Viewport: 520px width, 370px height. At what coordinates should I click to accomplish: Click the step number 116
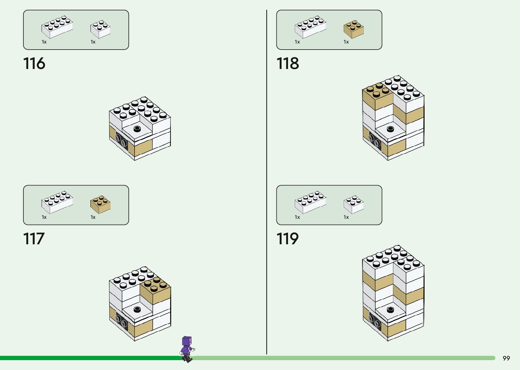coord(34,64)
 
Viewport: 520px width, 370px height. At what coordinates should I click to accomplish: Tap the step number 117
coord(34,239)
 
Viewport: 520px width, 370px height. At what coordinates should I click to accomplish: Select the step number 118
coord(287,64)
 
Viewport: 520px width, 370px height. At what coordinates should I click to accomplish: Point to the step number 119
coord(287,239)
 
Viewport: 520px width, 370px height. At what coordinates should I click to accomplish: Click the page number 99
coord(506,358)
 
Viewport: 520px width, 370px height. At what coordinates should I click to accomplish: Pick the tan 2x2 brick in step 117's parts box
coord(100,204)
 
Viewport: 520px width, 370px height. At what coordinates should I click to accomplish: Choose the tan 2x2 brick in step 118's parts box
coord(354,29)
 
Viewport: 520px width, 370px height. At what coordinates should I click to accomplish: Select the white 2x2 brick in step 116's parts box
coord(100,29)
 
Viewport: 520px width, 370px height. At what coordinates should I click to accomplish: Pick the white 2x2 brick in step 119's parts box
coord(354,204)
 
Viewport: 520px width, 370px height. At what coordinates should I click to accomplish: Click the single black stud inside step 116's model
coord(137,128)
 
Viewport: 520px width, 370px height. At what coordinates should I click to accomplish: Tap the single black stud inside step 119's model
coord(390,310)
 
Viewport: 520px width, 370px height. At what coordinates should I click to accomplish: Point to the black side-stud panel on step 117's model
coord(122,321)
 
